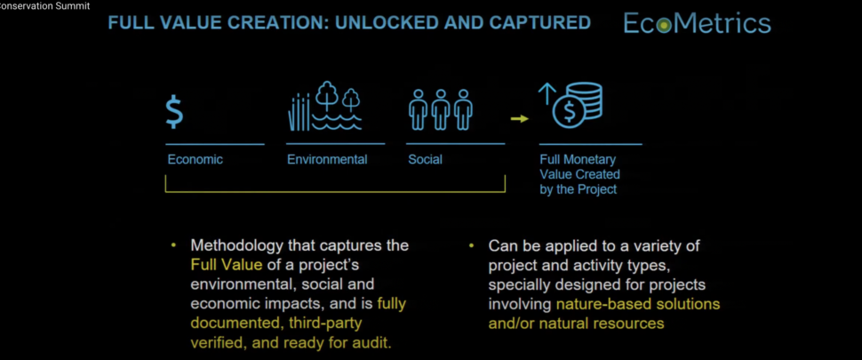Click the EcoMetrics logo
click(697, 24)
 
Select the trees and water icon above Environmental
click(325, 107)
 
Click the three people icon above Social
click(441, 109)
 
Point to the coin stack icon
click(578, 105)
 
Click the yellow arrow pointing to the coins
click(520, 118)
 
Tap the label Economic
click(196, 160)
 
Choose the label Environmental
click(327, 160)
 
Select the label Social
click(425, 160)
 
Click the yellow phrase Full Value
click(227, 264)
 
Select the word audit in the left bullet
click(372, 343)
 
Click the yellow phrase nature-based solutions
click(638, 304)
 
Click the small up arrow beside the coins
click(547, 93)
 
